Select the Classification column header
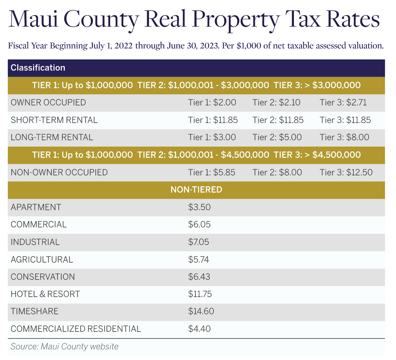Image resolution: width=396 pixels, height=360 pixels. coord(38,68)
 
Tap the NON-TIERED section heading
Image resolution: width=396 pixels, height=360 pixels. coord(196,190)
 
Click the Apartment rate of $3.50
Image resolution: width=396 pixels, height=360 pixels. coord(199,207)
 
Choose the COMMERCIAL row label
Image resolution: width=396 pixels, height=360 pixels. coord(38,224)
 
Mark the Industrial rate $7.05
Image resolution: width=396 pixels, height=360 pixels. coord(199,242)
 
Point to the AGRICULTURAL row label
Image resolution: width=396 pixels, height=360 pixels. coord(42,259)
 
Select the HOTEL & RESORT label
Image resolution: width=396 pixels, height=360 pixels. coord(45,294)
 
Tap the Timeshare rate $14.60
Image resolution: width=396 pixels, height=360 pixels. coord(201,311)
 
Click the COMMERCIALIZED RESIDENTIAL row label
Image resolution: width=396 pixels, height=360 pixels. coord(76,329)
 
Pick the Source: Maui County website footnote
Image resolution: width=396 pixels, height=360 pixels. coord(64,346)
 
